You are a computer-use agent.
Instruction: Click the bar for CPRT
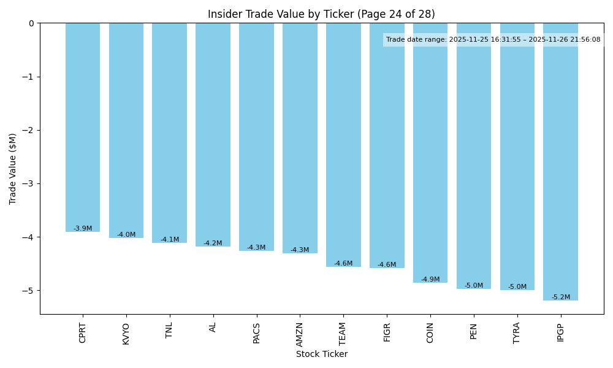click(x=83, y=127)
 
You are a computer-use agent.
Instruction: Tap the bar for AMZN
click(x=300, y=138)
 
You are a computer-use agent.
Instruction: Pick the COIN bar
click(x=430, y=153)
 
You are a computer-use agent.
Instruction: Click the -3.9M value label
click(x=83, y=229)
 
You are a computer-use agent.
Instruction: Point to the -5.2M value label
click(x=560, y=297)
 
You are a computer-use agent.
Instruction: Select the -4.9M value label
click(x=430, y=280)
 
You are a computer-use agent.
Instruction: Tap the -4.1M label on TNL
click(x=170, y=240)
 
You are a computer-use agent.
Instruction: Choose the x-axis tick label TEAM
click(x=343, y=333)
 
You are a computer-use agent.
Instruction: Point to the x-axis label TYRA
click(x=517, y=332)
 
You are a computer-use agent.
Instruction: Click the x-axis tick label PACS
click(x=256, y=333)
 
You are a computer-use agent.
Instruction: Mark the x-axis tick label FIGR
click(x=387, y=332)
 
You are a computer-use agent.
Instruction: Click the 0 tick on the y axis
click(x=32, y=23)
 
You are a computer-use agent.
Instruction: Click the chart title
click(x=321, y=14)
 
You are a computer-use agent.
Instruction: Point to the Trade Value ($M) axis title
click(x=13, y=169)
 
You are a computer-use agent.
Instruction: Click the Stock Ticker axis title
click(x=321, y=354)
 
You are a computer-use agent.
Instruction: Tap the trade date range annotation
click(x=493, y=40)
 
